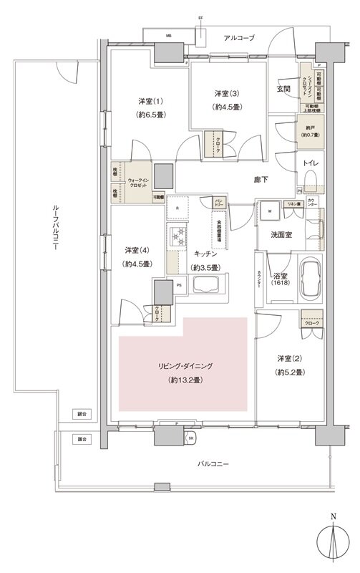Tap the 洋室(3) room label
[x=226, y=95]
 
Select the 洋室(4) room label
[x=135, y=250]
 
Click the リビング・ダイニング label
[x=185, y=366]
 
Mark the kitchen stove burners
[x=177, y=236]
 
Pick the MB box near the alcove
[x=149, y=34]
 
